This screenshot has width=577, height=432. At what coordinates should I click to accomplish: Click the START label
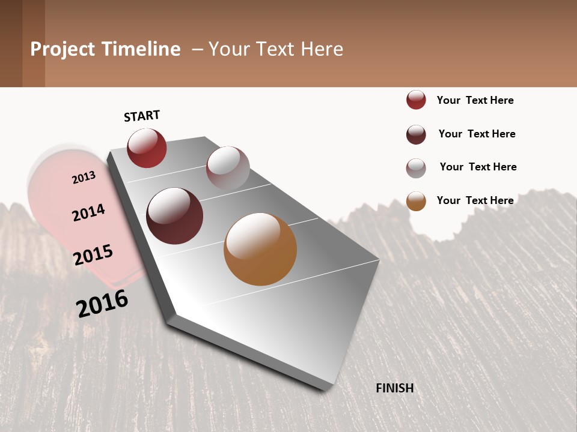[142, 116]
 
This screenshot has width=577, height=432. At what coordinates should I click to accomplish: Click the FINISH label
[394, 388]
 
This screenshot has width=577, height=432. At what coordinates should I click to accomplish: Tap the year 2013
[84, 178]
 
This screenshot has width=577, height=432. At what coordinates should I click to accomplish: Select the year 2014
[88, 213]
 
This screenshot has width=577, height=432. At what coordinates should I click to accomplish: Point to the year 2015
[93, 255]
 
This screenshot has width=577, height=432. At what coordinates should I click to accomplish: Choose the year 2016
[102, 304]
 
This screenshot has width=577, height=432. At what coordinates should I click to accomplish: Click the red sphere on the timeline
[147, 148]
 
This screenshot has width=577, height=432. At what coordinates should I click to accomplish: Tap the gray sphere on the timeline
[228, 168]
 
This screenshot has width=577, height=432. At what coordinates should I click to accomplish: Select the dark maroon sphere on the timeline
[175, 216]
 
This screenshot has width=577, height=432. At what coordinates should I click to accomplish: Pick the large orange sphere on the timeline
[260, 249]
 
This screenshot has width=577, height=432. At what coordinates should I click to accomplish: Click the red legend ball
[416, 100]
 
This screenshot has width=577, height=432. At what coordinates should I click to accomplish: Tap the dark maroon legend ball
[416, 134]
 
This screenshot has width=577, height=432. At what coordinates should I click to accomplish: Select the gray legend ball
[416, 168]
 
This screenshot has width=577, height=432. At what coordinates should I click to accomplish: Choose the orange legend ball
[416, 201]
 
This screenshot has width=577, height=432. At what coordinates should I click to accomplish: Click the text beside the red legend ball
[475, 100]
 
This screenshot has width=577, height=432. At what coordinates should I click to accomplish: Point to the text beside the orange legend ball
[475, 200]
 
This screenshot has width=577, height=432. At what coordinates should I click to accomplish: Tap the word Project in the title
[63, 49]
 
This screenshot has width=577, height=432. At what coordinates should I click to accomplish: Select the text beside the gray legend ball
[478, 167]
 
